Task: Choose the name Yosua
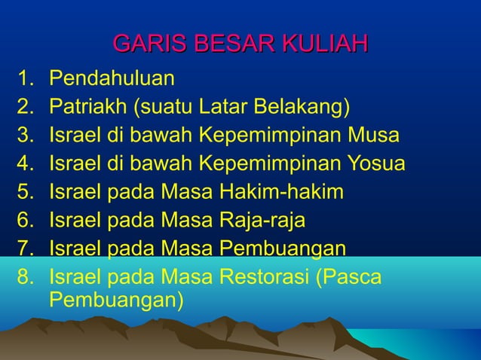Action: click(x=378, y=164)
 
